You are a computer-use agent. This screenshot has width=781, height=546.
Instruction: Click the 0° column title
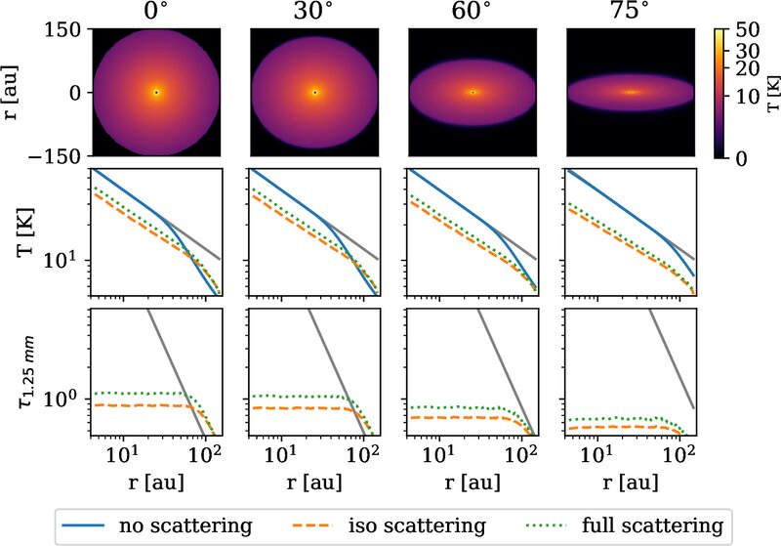156,11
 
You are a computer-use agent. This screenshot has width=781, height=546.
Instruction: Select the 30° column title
313,11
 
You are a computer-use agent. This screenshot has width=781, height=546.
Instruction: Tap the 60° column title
472,11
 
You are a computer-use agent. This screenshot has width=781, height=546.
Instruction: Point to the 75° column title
630,11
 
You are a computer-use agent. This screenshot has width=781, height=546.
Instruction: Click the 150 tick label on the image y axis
62,30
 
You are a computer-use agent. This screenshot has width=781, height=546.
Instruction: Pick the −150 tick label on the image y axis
55,156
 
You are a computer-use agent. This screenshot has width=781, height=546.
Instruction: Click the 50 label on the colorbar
748,30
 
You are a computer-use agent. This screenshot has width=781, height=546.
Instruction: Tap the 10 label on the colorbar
748,96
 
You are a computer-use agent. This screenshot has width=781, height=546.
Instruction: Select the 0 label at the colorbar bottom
742,159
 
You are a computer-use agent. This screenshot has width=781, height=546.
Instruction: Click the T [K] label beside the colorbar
773,94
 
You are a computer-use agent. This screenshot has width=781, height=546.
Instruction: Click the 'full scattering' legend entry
625,525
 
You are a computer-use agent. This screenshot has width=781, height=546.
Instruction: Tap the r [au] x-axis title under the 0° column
156,483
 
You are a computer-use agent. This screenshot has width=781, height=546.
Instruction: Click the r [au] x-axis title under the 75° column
630,483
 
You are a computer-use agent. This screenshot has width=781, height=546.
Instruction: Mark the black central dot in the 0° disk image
156,92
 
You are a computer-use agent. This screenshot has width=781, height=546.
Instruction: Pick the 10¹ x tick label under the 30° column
284,452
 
